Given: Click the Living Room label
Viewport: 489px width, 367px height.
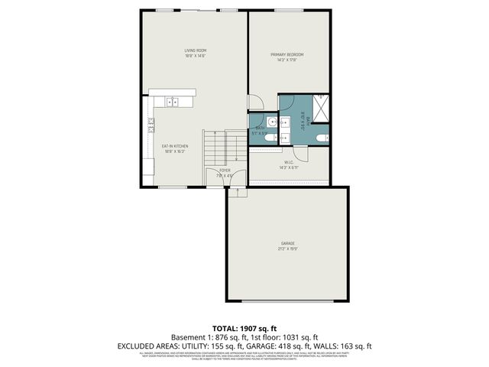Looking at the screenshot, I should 196,53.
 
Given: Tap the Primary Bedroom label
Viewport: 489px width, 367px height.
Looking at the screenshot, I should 287,57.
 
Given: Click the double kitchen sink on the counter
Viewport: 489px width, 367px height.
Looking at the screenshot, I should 173,100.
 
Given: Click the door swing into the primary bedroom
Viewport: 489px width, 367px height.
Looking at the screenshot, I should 257,104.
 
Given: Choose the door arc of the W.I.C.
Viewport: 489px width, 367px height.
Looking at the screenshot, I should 303,153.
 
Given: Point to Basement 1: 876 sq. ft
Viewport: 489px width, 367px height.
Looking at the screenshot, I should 207,336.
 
